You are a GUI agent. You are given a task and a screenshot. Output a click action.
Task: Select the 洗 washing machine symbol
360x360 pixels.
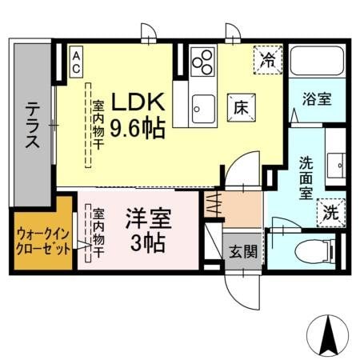click(x=331, y=213)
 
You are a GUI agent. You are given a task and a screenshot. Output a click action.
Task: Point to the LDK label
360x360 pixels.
click(x=138, y=102)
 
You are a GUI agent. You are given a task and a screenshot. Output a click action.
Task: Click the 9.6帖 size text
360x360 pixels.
click(x=138, y=127)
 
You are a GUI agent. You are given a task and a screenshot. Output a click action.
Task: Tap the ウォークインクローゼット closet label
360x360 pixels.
click(x=42, y=240)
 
